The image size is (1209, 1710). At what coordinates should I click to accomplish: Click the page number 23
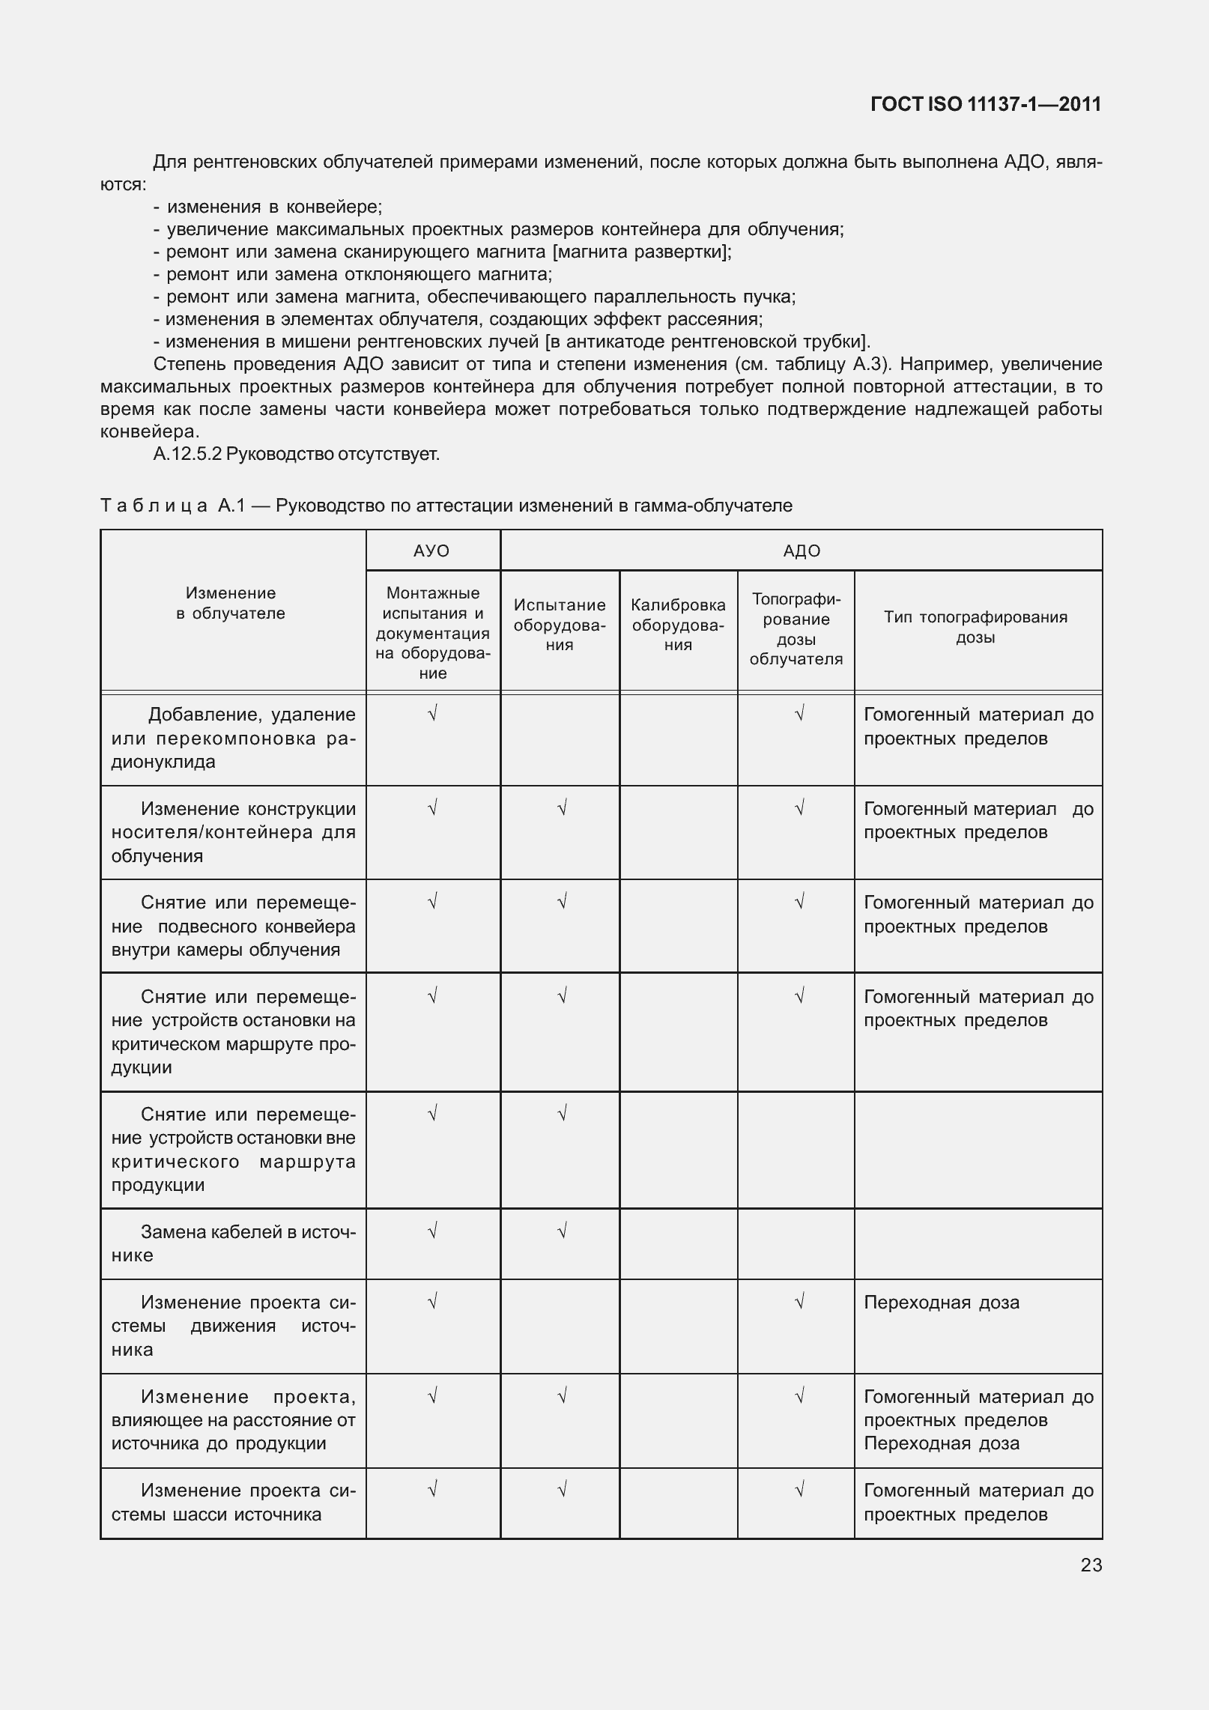click(x=1091, y=1565)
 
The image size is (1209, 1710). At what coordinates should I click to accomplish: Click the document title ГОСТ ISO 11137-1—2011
click(x=986, y=104)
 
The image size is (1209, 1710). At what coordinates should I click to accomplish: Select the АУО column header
click(x=431, y=551)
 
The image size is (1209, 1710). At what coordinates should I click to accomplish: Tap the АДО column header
click(x=802, y=551)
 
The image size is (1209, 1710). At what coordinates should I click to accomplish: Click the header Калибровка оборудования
click(x=678, y=625)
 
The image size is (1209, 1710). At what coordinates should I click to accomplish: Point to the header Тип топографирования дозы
click(x=975, y=628)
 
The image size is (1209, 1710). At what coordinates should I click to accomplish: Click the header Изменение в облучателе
click(x=231, y=603)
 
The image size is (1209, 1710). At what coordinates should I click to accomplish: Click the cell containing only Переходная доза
click(x=942, y=1303)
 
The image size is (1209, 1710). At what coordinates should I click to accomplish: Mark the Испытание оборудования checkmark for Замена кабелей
click(x=562, y=1230)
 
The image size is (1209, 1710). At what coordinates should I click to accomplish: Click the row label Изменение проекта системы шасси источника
click(x=233, y=1502)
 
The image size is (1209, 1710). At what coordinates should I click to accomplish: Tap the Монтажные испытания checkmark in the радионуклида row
click(x=432, y=714)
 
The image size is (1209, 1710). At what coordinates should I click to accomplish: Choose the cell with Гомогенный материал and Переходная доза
click(x=978, y=1420)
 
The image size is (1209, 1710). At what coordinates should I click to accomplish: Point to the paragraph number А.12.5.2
click(x=187, y=454)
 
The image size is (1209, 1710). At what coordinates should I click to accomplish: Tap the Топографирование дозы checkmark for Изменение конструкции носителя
click(x=799, y=808)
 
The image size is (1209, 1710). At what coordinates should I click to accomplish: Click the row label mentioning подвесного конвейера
click(x=233, y=927)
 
